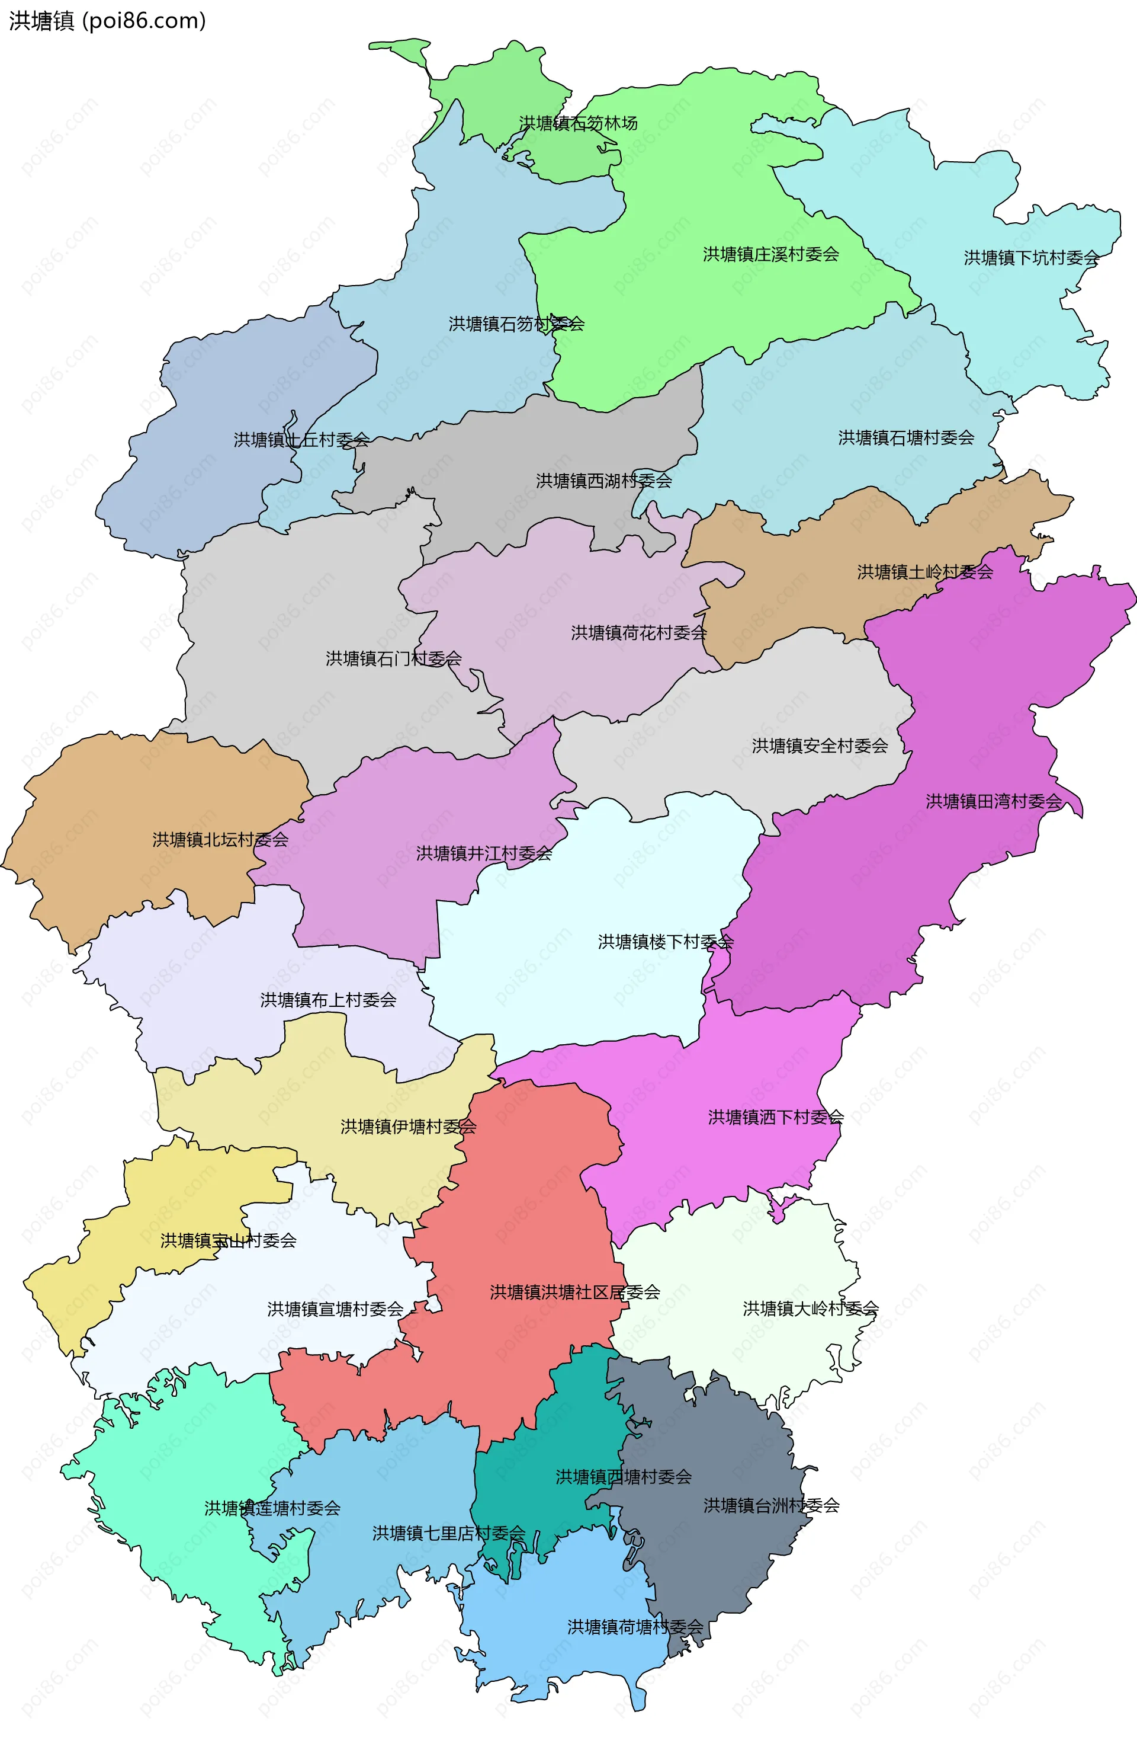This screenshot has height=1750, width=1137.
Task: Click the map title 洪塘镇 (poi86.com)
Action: click(107, 21)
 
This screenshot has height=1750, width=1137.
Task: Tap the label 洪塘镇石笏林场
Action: click(578, 123)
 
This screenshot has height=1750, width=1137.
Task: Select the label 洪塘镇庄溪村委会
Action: click(770, 254)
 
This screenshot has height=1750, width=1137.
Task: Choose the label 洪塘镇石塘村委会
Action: click(905, 438)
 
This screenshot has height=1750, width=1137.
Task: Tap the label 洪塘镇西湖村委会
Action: click(603, 481)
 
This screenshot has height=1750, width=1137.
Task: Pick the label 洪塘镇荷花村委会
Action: click(639, 633)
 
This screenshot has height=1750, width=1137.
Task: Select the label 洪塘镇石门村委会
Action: click(393, 659)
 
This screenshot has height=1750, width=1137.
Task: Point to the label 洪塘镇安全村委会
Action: click(820, 746)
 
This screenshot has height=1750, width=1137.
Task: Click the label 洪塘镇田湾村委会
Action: click(993, 801)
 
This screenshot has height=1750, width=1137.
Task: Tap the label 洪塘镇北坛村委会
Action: click(220, 840)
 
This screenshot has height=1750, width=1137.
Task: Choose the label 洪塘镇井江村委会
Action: click(484, 854)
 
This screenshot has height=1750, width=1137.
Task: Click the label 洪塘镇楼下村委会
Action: click(665, 942)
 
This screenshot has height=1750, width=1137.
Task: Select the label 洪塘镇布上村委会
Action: click(328, 1000)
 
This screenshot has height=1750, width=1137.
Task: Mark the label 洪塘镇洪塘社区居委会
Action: click(575, 1292)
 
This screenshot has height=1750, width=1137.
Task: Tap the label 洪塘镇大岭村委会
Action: click(810, 1309)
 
